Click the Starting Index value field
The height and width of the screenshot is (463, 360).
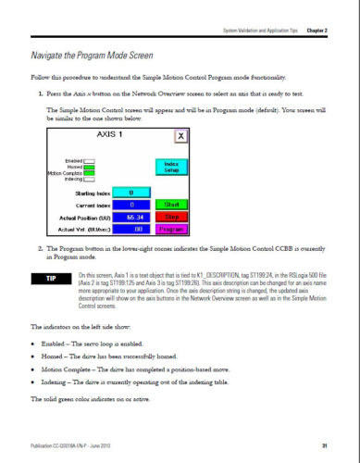click(131, 192)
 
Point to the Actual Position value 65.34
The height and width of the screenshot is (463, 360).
click(131, 215)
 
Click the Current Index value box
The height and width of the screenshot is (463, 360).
click(131, 203)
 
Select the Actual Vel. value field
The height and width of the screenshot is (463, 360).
click(131, 227)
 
